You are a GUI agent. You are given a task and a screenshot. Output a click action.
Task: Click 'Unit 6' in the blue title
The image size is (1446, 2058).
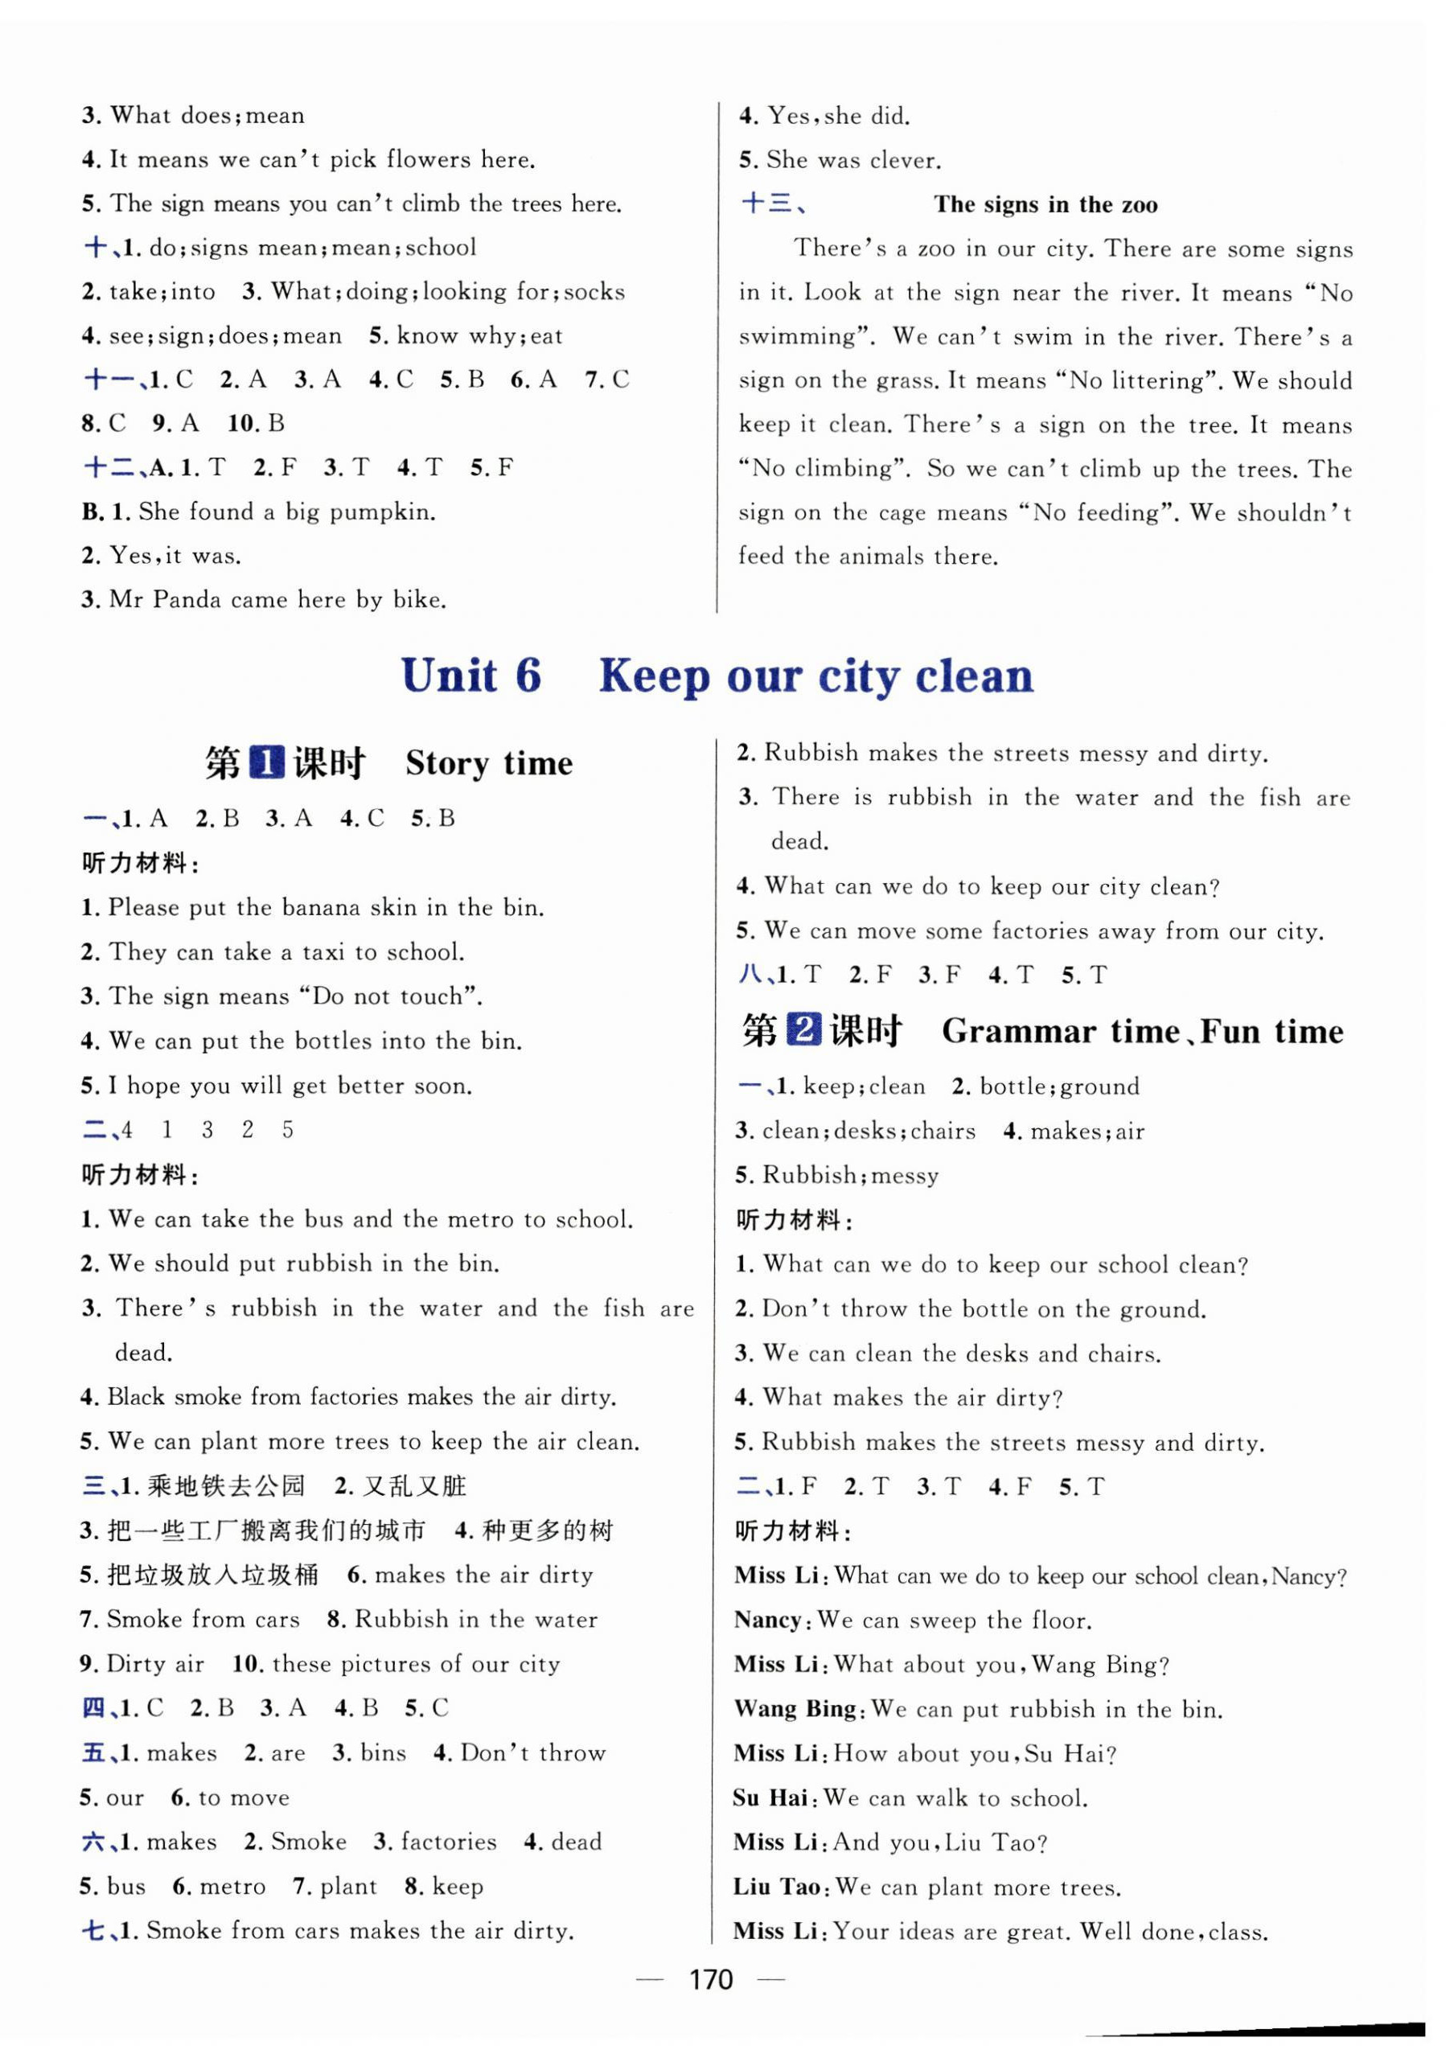(470, 676)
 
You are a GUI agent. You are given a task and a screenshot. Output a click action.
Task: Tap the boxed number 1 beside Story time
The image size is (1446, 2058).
(266, 762)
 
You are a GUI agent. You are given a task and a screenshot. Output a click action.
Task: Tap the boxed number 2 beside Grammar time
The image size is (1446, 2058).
(803, 1031)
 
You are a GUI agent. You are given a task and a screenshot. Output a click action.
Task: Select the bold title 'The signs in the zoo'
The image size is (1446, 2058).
(1045, 204)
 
